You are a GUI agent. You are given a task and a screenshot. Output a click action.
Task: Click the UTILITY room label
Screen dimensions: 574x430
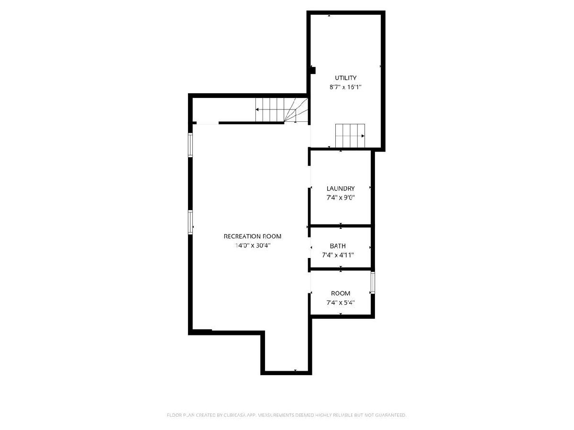click(345, 78)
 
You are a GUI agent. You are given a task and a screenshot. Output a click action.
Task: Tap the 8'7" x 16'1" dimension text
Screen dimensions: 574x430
click(345, 87)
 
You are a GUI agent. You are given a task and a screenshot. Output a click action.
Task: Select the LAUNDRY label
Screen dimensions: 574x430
click(341, 188)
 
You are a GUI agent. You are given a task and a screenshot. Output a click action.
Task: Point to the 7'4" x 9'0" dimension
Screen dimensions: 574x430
click(341, 198)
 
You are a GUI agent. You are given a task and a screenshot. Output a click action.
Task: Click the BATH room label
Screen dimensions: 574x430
click(338, 246)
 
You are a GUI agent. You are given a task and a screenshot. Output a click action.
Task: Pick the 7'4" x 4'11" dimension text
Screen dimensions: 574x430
click(338, 255)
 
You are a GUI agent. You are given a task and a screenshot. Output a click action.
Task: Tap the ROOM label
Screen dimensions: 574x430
click(341, 293)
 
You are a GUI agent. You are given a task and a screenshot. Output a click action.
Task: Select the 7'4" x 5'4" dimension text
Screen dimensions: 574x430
click(341, 302)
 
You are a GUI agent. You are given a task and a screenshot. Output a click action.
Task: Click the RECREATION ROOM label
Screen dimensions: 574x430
click(253, 236)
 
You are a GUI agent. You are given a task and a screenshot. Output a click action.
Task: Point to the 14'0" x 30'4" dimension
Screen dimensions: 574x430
click(253, 246)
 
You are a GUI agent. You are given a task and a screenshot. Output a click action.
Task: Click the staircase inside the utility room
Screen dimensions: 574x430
click(350, 136)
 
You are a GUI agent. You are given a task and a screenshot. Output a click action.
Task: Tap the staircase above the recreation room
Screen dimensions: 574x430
click(281, 110)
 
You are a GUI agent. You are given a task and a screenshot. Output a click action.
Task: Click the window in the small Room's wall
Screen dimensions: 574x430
click(373, 282)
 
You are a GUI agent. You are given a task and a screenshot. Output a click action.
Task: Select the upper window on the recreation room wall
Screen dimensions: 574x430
click(190, 145)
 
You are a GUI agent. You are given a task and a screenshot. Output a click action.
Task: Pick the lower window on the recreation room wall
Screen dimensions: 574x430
click(190, 222)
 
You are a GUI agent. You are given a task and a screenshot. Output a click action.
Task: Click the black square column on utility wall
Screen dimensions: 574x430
click(313, 71)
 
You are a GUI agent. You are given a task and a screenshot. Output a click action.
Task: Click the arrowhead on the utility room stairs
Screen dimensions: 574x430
click(363, 136)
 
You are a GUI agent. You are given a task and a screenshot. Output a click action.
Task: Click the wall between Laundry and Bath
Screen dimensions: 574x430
click(341, 226)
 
